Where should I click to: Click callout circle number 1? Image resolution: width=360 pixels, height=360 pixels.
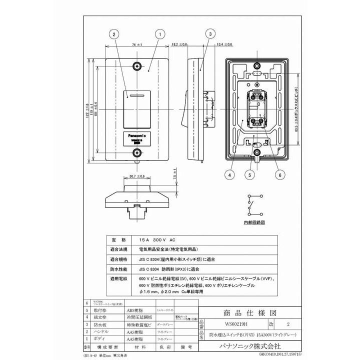pos(159,34)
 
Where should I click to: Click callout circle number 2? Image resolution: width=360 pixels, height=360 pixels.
pos(114,34)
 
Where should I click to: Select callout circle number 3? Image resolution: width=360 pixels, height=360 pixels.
pos(210,34)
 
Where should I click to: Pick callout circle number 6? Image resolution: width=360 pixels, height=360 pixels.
pos(279,175)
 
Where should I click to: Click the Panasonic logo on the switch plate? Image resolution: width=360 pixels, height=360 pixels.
pos(136,135)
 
